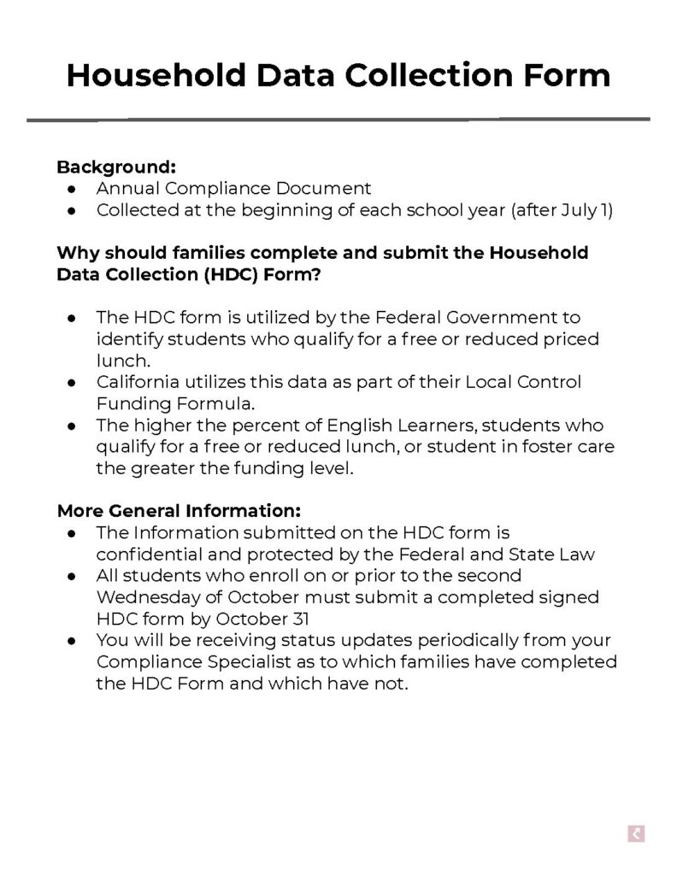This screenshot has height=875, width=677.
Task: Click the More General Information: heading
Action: tap(179, 511)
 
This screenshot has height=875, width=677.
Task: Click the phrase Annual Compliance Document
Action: tap(233, 188)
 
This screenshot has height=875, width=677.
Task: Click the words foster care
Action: tap(568, 446)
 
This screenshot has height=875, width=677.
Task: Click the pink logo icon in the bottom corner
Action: tap(635, 835)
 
